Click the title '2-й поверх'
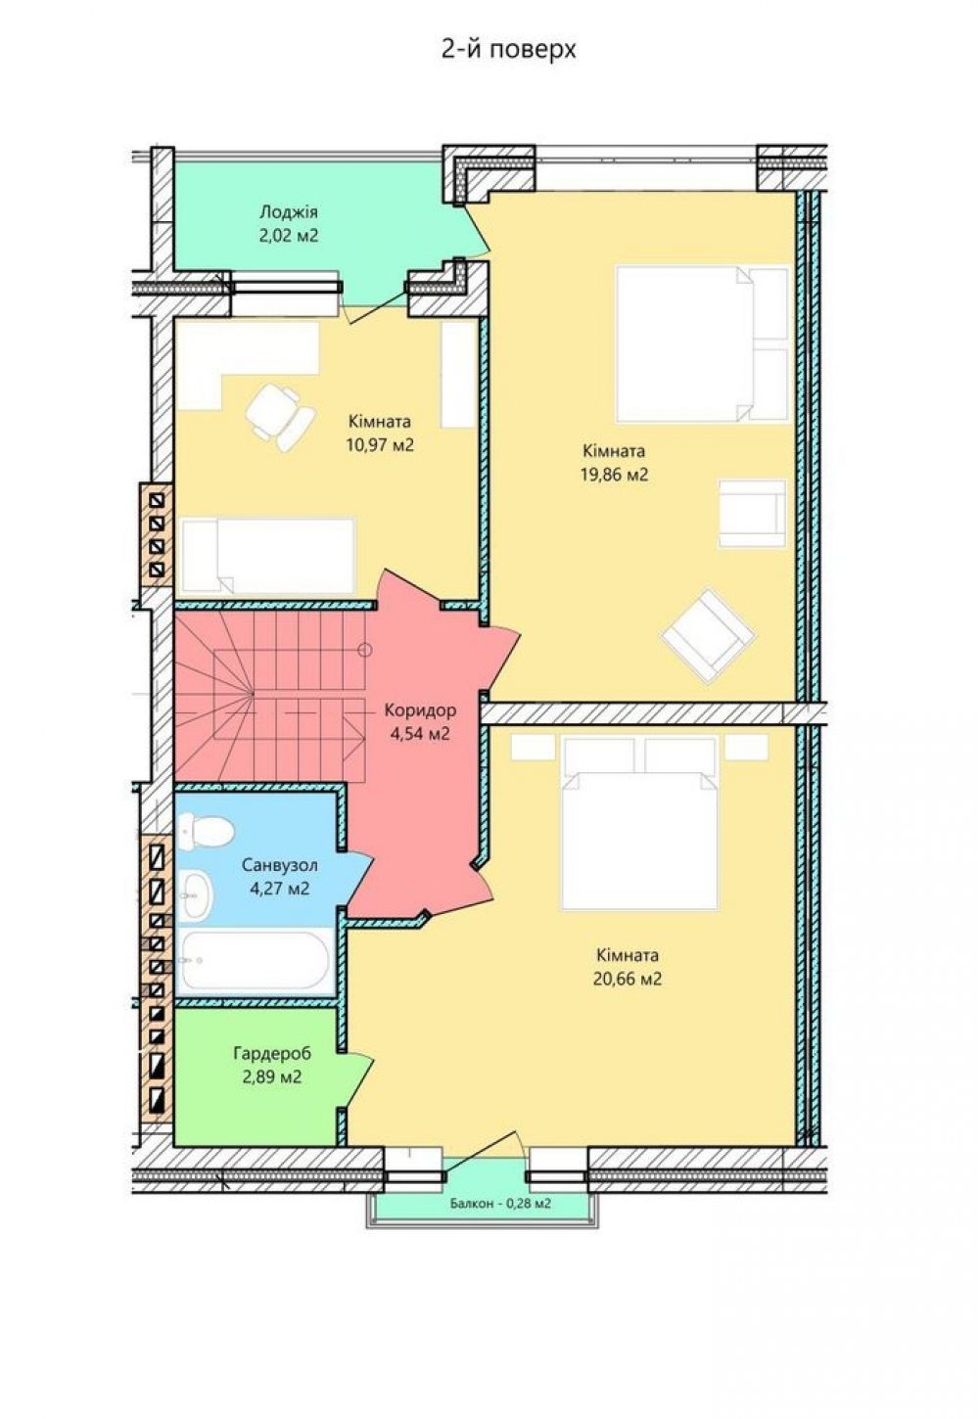(x=508, y=49)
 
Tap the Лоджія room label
(x=289, y=211)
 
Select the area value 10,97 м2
(x=380, y=444)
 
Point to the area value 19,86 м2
(x=614, y=475)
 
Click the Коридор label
(x=420, y=710)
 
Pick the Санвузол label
(x=280, y=865)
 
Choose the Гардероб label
(x=272, y=1054)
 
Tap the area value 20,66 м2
(x=628, y=979)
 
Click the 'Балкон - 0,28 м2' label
(x=500, y=1203)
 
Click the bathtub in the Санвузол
(x=255, y=960)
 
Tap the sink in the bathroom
(x=197, y=893)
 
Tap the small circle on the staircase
(x=364, y=650)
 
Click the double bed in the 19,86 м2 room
(x=702, y=343)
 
